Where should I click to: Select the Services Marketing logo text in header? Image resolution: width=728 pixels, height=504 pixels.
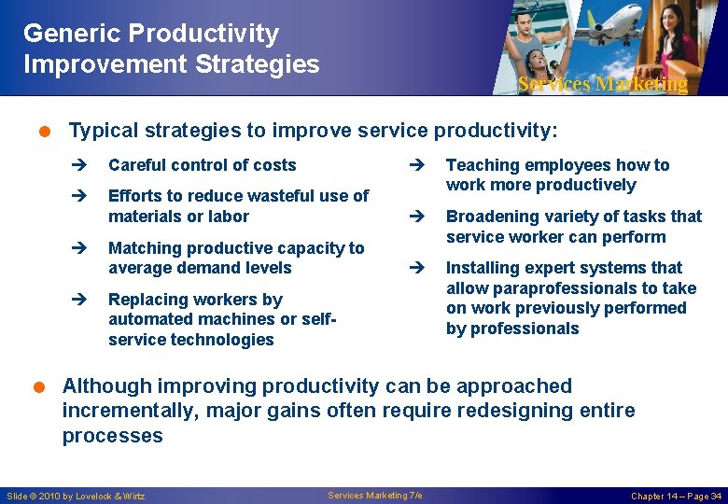tap(602, 84)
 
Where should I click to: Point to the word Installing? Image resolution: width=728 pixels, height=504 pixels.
tap(482, 268)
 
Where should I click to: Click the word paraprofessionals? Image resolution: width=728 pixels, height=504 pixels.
tap(552, 288)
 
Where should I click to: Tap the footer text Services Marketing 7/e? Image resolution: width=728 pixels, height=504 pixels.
tap(375, 495)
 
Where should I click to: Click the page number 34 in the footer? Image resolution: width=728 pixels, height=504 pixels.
tap(714, 496)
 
